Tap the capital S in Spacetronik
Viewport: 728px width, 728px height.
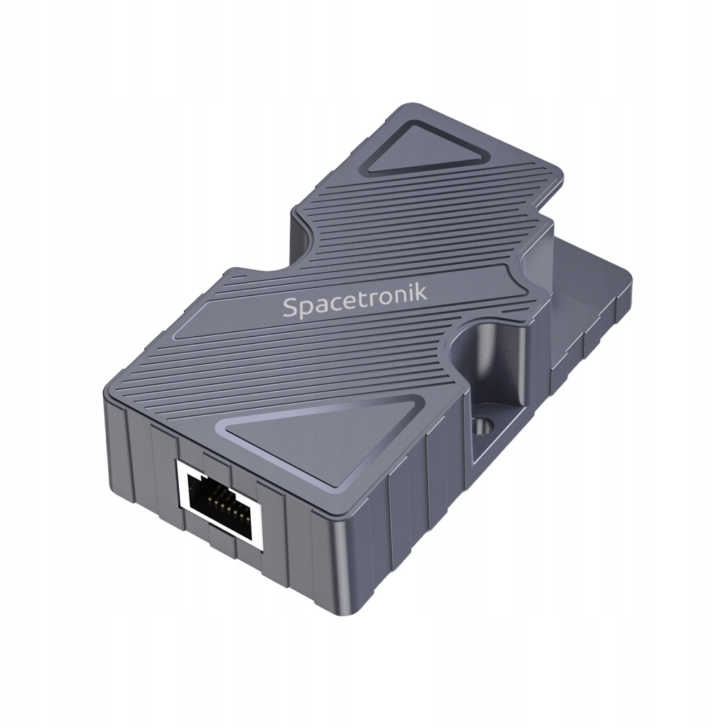[x=290, y=309]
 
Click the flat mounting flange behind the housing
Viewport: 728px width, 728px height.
[x=587, y=297]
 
